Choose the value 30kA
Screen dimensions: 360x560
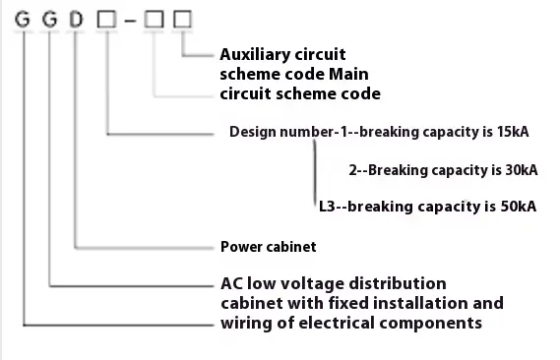pyautogui.click(x=517, y=169)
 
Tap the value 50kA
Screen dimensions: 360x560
pyautogui.click(x=517, y=207)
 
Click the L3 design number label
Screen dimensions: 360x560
pyautogui.click(x=328, y=207)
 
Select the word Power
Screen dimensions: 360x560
pyautogui.click(x=242, y=246)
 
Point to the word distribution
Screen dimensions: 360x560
pyautogui.click(x=401, y=283)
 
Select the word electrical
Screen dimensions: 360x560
pyautogui.click(x=345, y=323)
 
